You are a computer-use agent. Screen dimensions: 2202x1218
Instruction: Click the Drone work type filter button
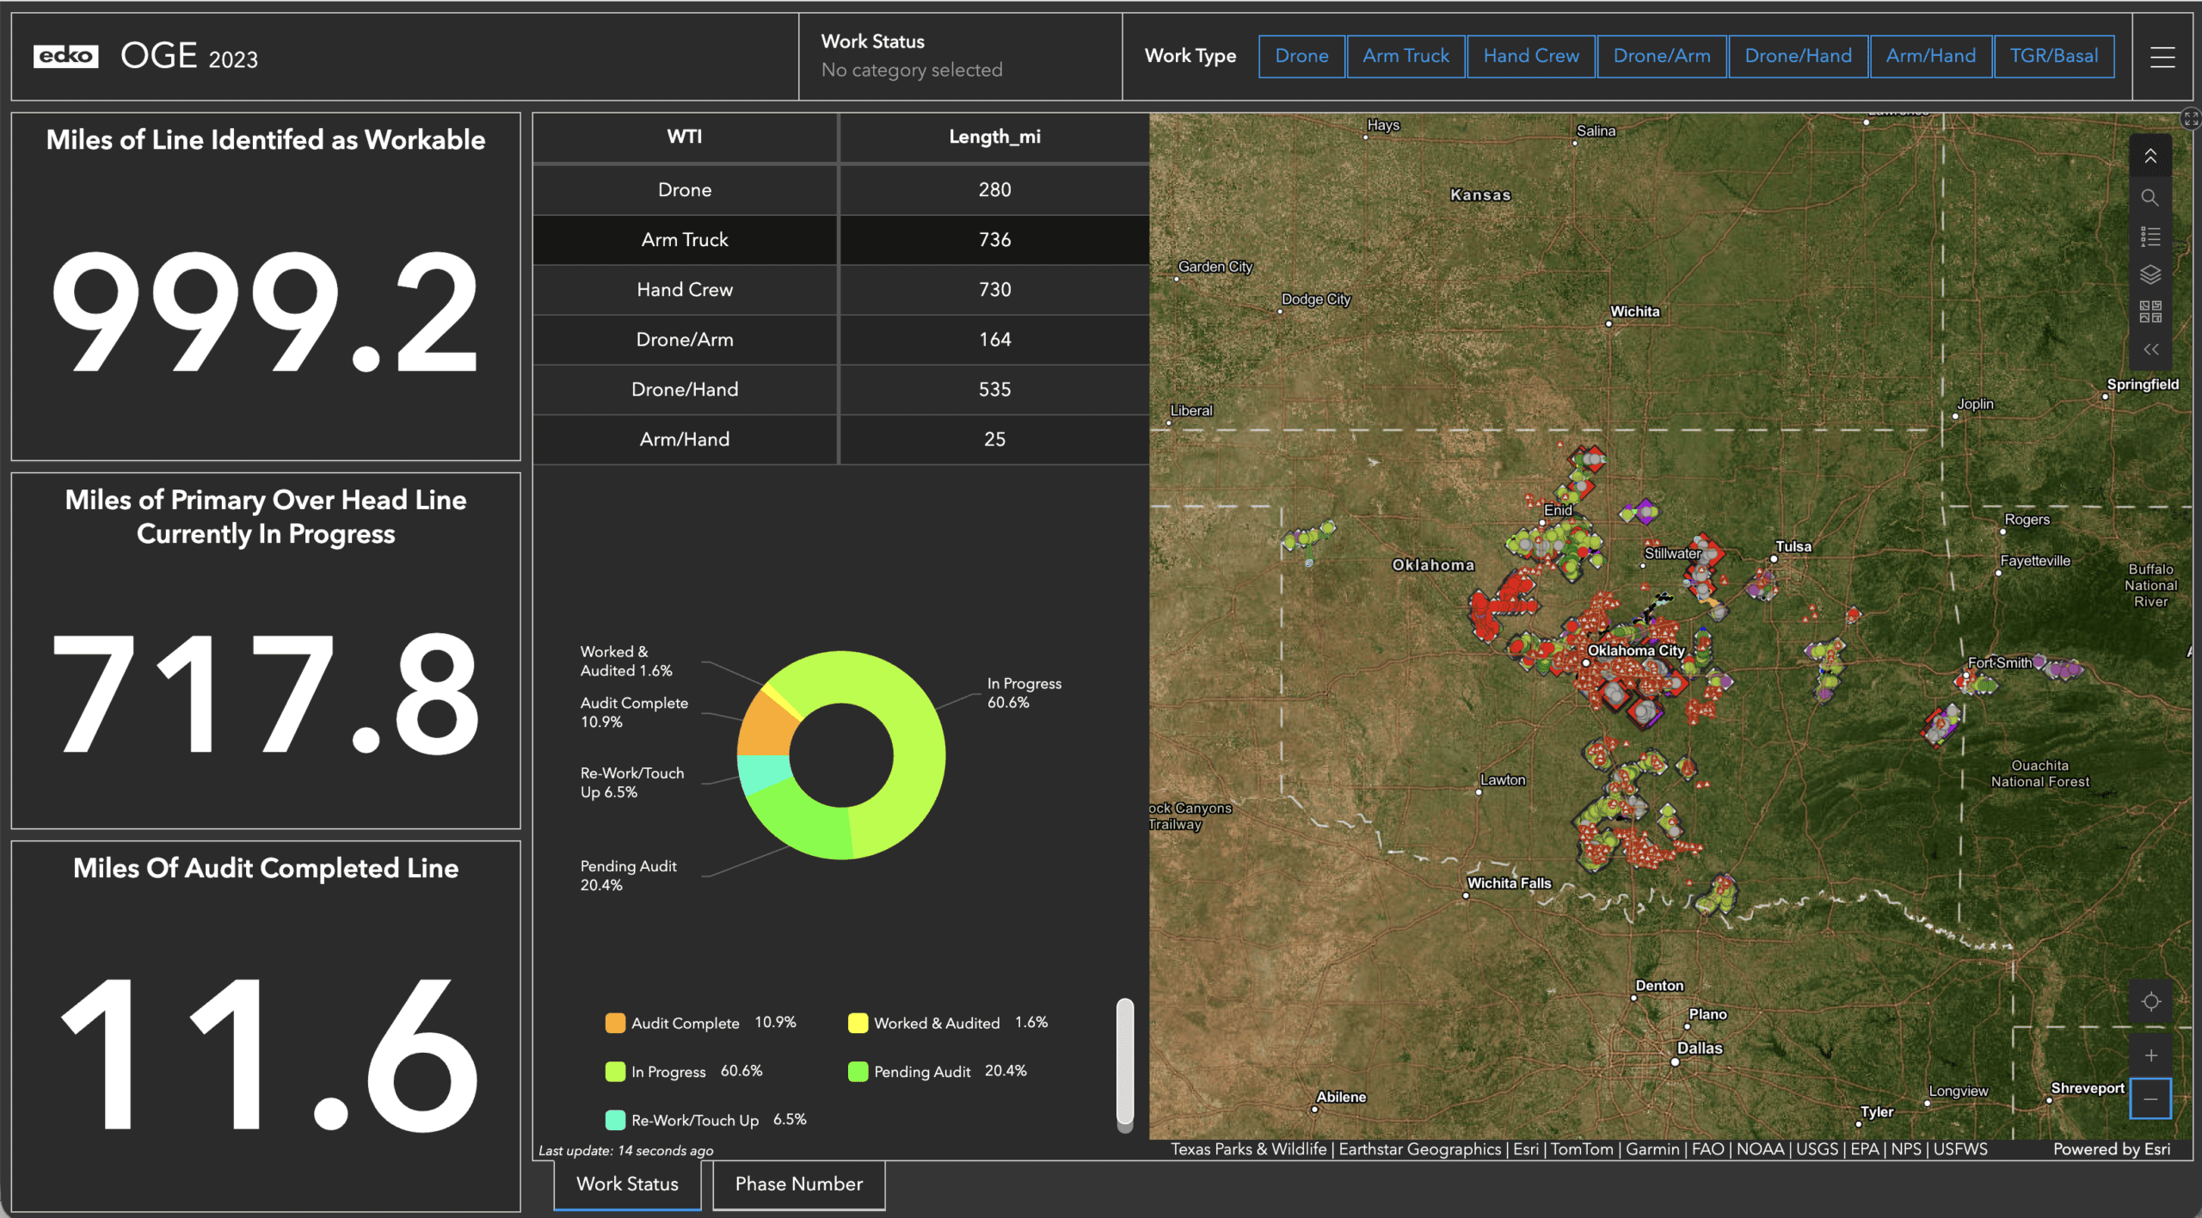[1301, 56]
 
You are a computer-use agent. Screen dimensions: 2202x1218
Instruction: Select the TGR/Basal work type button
[2053, 56]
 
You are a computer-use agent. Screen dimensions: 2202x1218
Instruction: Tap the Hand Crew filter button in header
[1531, 56]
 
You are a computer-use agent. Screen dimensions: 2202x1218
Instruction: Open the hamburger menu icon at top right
[2162, 57]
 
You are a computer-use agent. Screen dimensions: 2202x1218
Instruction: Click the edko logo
[66, 56]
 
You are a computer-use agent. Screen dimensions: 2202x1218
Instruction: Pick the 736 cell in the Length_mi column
[994, 240]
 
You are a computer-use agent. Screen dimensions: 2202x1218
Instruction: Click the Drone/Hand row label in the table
[685, 390]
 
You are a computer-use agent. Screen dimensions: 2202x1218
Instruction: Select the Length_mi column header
[994, 137]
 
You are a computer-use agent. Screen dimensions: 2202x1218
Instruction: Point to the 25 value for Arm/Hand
[994, 440]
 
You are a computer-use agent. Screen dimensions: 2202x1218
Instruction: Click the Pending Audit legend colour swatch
[858, 1072]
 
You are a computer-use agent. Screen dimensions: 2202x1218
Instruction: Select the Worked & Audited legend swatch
[858, 1023]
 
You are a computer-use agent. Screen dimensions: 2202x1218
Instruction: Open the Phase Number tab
[798, 1184]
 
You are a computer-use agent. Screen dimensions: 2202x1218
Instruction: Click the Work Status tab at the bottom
[627, 1184]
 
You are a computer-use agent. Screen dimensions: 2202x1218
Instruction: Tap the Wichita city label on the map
[1634, 311]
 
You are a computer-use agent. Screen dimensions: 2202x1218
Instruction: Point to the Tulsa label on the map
[1793, 546]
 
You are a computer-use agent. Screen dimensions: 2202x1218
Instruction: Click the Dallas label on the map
[1700, 1049]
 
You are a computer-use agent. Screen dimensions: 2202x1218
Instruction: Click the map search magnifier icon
[2150, 198]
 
